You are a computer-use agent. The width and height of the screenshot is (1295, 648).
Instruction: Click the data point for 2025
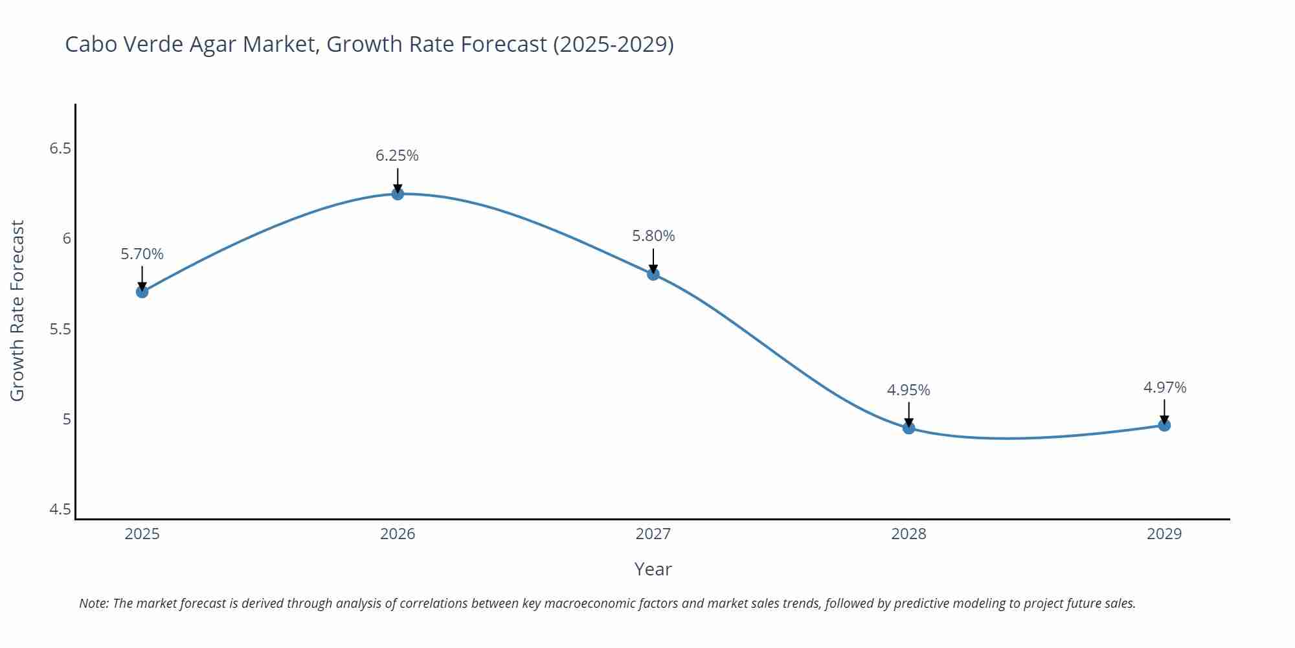tap(142, 292)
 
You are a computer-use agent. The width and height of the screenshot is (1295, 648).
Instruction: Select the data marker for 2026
tap(398, 193)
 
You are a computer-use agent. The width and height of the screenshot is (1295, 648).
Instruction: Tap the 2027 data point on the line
tap(653, 273)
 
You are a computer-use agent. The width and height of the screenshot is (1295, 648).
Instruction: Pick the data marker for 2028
tap(908, 428)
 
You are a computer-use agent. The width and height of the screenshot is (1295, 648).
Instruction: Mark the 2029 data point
tap(1164, 425)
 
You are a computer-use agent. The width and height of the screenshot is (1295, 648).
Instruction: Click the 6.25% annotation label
tap(397, 156)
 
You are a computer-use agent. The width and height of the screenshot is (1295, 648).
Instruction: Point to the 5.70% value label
tap(142, 254)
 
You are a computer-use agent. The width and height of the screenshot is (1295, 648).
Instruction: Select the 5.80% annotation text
tap(653, 236)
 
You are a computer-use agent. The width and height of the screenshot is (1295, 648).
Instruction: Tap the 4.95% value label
tap(908, 390)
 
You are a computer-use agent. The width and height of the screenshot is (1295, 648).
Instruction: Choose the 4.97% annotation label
tap(1164, 388)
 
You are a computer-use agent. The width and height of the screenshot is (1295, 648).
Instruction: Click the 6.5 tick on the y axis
tap(60, 148)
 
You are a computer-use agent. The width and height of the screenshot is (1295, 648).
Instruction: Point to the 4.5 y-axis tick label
tap(60, 509)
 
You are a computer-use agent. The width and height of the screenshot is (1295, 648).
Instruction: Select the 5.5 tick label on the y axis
tap(60, 329)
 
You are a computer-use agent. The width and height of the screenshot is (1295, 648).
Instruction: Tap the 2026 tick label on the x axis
tap(398, 534)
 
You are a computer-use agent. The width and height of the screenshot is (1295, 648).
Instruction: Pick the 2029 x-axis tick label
tap(1164, 534)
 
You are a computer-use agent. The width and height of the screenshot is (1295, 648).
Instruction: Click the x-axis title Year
tap(653, 569)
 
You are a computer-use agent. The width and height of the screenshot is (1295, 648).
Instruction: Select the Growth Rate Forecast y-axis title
tap(17, 310)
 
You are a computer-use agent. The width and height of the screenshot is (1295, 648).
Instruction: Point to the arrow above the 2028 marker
tap(908, 413)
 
